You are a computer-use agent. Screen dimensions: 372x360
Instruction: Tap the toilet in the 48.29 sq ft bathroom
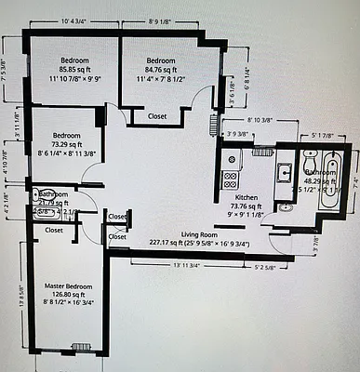coord(309,165)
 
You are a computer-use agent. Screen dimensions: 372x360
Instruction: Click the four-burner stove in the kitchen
coord(229,177)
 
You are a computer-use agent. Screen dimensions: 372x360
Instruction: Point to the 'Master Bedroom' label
coord(68,286)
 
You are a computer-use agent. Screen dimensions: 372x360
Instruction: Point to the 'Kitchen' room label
coord(247,198)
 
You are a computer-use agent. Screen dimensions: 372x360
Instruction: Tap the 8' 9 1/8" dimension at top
coord(164,20)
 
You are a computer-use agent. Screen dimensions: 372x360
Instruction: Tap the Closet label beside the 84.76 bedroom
coord(158,116)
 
